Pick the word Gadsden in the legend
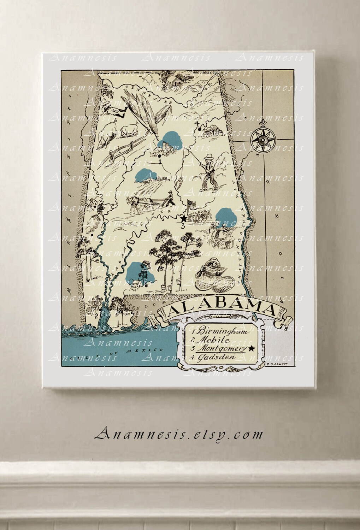tap(217, 357)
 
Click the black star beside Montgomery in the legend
tap(252, 349)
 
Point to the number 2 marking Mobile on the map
tap(96, 316)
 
